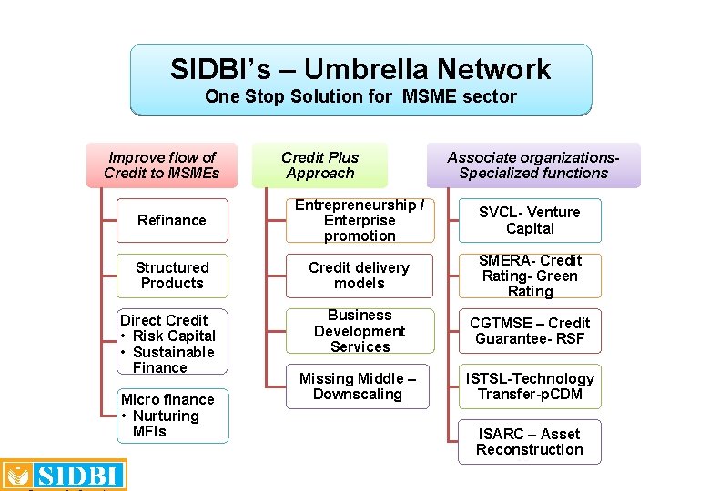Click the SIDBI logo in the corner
tap(64, 475)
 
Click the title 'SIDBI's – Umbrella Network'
tap(360, 69)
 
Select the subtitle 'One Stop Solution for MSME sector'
tap(360, 96)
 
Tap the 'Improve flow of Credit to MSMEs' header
tap(162, 165)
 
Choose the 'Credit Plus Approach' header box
tap(319, 165)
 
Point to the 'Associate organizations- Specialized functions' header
tap(533, 165)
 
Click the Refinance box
tap(172, 220)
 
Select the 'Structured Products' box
tap(172, 276)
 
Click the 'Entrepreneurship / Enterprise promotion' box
tap(360, 220)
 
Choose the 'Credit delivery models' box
tap(360, 276)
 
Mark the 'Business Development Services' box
tap(360, 331)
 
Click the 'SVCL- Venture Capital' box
tap(530, 220)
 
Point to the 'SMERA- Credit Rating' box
tap(530, 276)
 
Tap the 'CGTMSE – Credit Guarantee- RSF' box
tap(530, 331)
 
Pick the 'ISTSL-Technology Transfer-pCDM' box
tap(530, 386)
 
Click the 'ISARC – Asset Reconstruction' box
tap(530, 442)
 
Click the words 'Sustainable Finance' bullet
tap(173, 360)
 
